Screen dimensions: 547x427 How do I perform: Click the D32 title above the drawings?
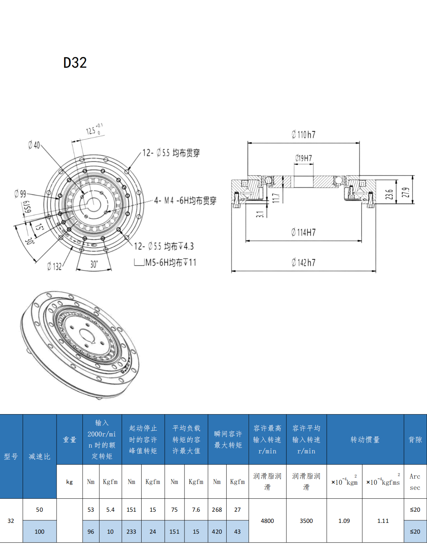pyautogui.click(x=75, y=63)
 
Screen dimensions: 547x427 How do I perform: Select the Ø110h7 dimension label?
pyautogui.click(x=303, y=135)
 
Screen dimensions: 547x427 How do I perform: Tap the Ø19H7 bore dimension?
pyautogui.click(x=303, y=158)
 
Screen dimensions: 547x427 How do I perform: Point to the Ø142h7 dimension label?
pyautogui.click(x=303, y=263)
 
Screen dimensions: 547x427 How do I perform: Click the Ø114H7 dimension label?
pyautogui.click(x=303, y=232)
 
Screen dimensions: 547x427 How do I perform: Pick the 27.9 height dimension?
pyautogui.click(x=406, y=193)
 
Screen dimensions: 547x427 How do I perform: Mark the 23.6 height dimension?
pyautogui.click(x=389, y=194)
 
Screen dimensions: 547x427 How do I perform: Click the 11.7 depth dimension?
pyautogui.click(x=276, y=198)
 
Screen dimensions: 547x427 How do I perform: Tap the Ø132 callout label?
pyautogui.click(x=54, y=266)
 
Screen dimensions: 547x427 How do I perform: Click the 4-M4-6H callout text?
pyautogui.click(x=185, y=201)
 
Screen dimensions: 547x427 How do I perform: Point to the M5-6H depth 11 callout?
pyautogui.click(x=166, y=263)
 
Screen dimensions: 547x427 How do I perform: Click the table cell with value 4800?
pyautogui.click(x=267, y=521)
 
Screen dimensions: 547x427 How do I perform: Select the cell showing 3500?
pyautogui.click(x=306, y=521)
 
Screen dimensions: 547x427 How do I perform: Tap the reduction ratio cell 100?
pyautogui.click(x=40, y=532)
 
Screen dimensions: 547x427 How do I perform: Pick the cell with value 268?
pyautogui.click(x=217, y=510)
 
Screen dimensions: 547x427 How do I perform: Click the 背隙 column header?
pyautogui.click(x=415, y=440)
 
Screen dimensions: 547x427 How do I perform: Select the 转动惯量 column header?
pyautogui.click(x=365, y=440)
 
